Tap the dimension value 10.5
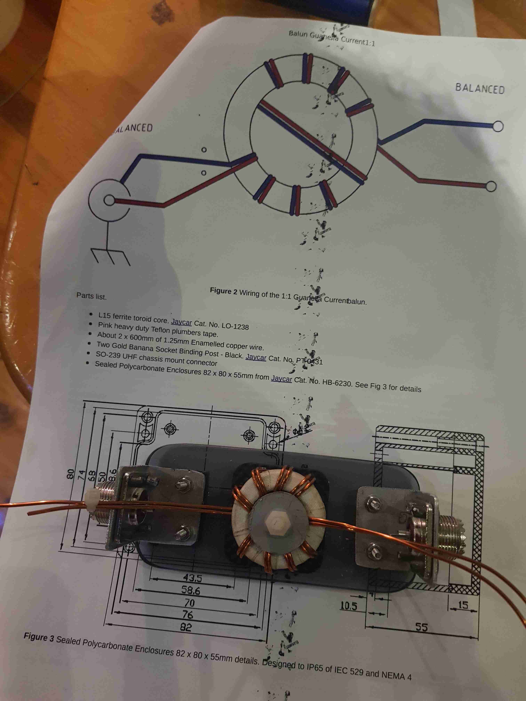point(348,606)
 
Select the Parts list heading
point(91,296)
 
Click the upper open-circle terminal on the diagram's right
point(498,126)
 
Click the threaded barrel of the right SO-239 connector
point(452,528)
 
